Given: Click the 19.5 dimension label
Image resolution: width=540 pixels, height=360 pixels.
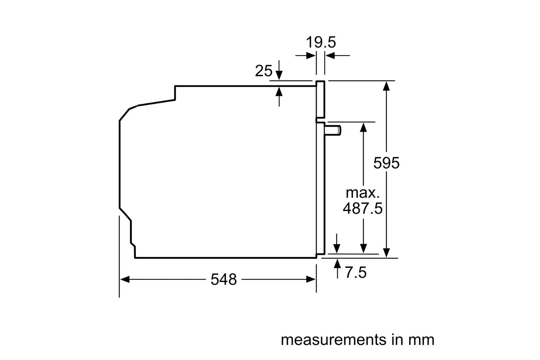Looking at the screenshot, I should [x=321, y=42].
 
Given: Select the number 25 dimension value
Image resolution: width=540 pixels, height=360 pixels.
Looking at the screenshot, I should [x=264, y=71].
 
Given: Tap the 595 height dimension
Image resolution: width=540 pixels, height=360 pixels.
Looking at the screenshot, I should [x=386, y=163].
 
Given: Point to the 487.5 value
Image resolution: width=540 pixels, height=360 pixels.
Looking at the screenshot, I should [x=363, y=208].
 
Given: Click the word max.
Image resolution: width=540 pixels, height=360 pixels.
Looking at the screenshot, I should [x=363, y=193].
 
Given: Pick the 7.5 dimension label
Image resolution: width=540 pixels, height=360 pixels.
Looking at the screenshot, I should [x=356, y=273].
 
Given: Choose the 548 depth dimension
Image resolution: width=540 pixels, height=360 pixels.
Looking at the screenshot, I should [x=224, y=279].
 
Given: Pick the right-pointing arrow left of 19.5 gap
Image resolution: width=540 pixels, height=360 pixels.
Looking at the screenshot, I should [x=310, y=56].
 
